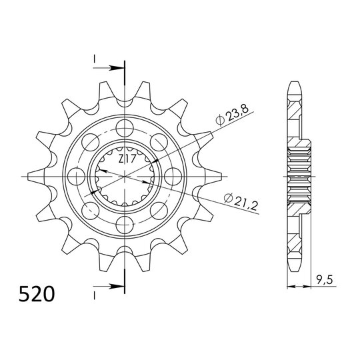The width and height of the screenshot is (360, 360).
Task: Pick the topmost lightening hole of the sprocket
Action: click(123, 126)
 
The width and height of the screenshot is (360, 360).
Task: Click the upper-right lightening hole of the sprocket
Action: click(159, 141)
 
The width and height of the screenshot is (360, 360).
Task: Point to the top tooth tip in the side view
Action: click(295, 85)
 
